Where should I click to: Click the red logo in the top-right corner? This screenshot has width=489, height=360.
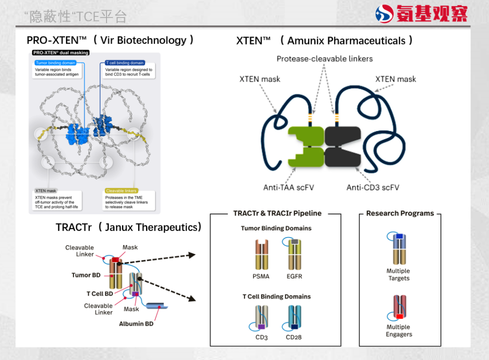[x=384, y=14]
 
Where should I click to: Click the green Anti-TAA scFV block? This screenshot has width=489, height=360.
[x=305, y=146]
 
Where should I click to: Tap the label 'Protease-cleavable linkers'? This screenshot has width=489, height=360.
[x=324, y=59]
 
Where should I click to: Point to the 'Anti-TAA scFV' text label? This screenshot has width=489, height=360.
[x=288, y=188]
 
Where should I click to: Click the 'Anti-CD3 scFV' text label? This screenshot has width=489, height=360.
[x=373, y=188]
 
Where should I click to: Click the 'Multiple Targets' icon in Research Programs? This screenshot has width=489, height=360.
[x=398, y=248]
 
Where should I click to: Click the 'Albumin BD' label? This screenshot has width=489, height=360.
[x=136, y=324]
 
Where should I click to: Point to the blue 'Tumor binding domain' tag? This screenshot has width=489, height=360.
[x=55, y=63]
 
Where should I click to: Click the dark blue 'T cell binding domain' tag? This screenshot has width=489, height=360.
[x=124, y=63]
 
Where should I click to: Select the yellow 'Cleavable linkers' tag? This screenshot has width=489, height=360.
[x=121, y=191]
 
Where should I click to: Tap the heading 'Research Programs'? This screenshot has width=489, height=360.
[x=400, y=213]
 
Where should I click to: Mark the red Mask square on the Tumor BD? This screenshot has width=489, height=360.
[x=115, y=260]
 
